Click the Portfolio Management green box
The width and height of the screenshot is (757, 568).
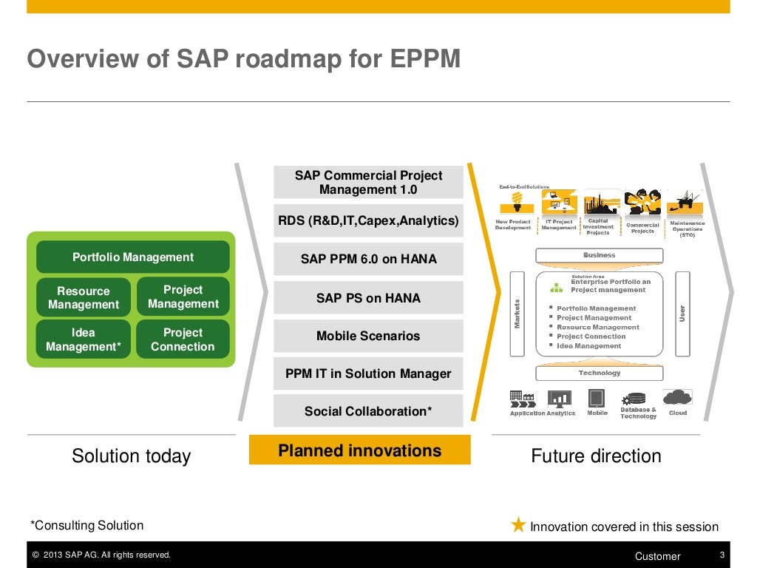coord(133,257)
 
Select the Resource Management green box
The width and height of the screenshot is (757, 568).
coord(84,297)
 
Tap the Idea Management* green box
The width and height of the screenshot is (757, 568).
coord(84,339)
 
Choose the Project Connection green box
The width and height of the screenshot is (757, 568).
coord(183,339)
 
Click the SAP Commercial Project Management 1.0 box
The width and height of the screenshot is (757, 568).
coord(368,183)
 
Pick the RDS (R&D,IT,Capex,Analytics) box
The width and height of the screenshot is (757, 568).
coord(368,220)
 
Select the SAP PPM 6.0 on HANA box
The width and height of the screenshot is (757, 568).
coord(368,259)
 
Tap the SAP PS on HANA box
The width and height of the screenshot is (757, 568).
coord(368,298)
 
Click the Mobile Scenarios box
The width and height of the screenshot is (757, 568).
coord(368,336)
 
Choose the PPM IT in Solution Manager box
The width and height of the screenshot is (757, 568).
coord(368,373)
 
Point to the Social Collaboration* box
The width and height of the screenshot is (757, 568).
coord(368,411)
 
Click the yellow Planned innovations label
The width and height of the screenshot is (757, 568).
coord(360,450)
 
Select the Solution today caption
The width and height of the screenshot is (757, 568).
coord(131,456)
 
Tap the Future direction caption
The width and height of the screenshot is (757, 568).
coord(596,456)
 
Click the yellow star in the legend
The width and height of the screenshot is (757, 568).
coord(519,525)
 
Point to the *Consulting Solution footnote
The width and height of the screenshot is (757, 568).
coord(87,525)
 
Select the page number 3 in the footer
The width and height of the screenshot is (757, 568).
coord(722,555)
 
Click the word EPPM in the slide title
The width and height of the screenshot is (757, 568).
coord(427,58)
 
